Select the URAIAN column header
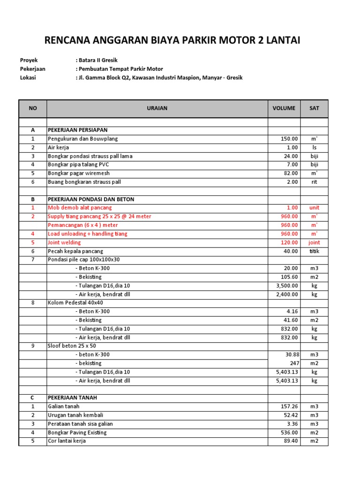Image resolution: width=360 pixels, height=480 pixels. point(157,108)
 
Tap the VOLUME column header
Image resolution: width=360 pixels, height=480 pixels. point(284,108)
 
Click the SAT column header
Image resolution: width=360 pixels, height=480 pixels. point(314,108)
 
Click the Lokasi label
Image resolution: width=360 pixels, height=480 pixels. point(28,78)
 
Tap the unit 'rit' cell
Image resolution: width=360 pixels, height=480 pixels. point(314,182)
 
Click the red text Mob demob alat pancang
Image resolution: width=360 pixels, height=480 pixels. point(80,208)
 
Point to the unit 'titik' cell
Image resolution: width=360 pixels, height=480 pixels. point(314,251)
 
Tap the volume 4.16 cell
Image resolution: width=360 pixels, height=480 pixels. point(291,311)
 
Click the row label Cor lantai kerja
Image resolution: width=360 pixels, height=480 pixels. point(67,441)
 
